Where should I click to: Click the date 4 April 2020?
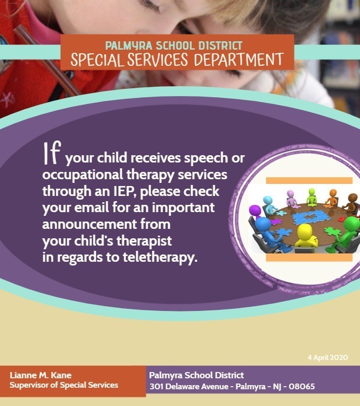pyautogui.click(x=328, y=357)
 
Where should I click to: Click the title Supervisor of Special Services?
pyautogui.click(x=64, y=386)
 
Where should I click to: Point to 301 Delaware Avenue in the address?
pyautogui.click(x=186, y=387)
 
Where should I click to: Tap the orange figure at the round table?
pyautogui.click(x=332, y=198)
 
